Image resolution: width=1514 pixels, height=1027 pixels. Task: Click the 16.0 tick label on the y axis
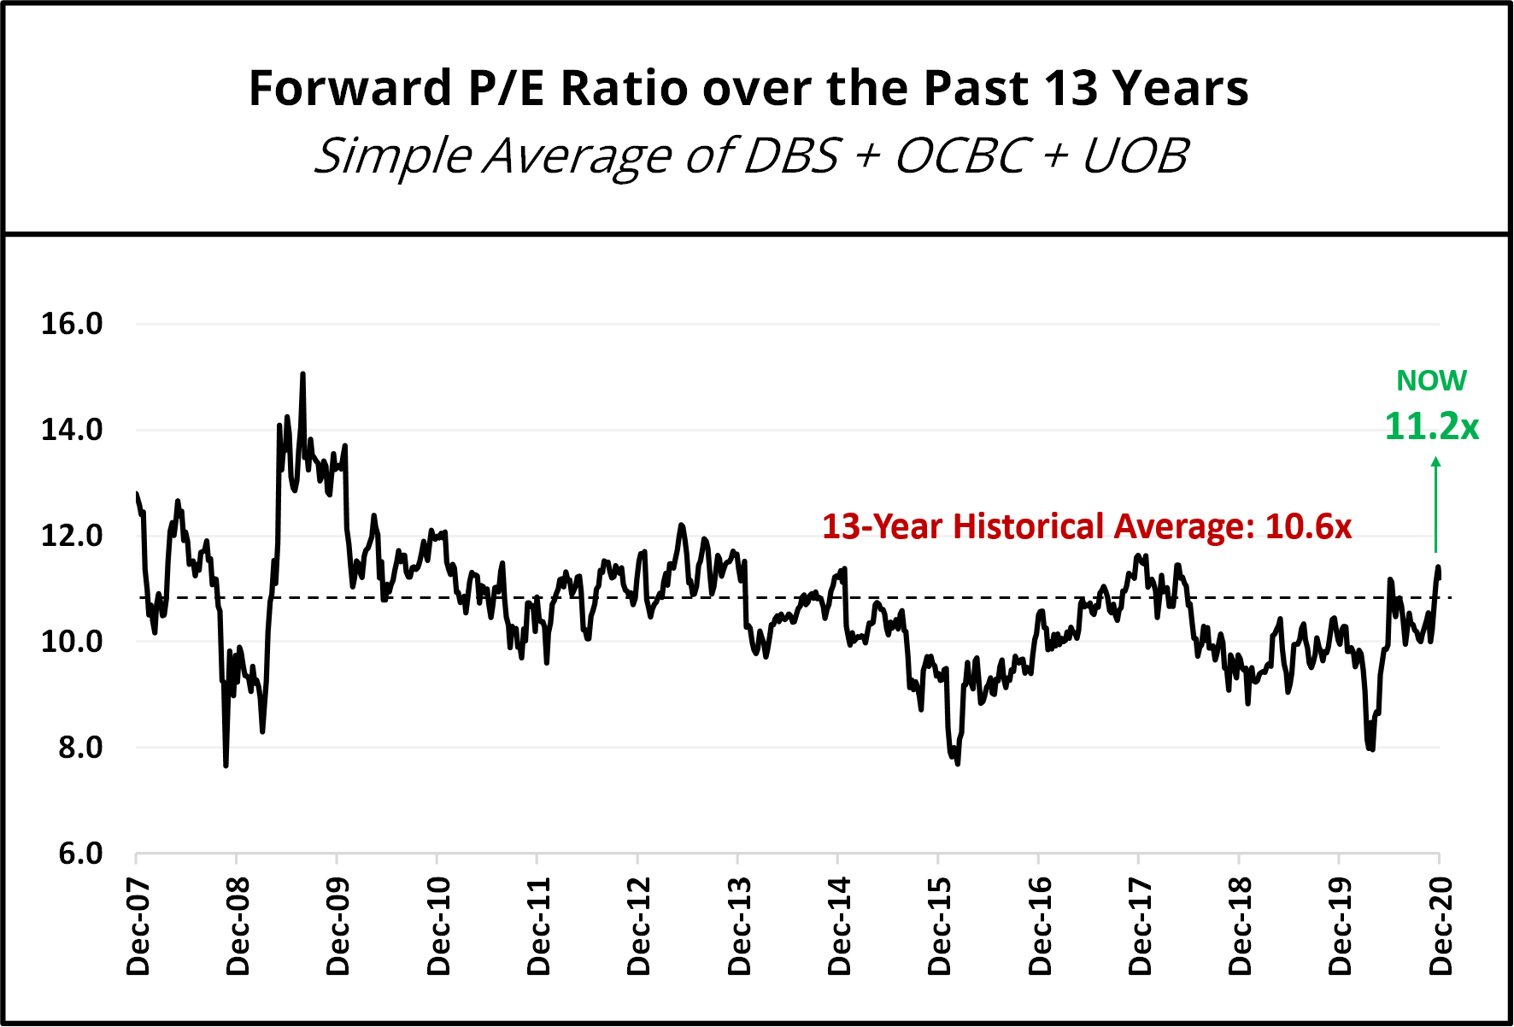pyautogui.click(x=72, y=324)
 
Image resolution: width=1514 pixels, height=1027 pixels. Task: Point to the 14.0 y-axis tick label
pyautogui.click(x=72, y=430)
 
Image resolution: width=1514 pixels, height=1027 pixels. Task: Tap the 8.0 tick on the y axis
pyautogui.click(x=80, y=748)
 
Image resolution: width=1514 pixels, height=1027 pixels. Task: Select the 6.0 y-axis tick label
pyautogui.click(x=80, y=854)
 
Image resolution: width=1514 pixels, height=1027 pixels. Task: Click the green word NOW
pyautogui.click(x=1431, y=380)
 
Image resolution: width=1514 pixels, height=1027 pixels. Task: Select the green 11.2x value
pyautogui.click(x=1431, y=426)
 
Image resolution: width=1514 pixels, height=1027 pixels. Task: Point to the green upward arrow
pyautogui.click(x=1436, y=504)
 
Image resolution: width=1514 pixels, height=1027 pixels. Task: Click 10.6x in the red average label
pyautogui.click(x=1308, y=526)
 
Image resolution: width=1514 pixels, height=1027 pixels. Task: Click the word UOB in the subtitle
pyautogui.click(x=1135, y=156)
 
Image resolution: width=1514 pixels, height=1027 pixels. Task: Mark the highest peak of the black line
pyautogui.click(x=302, y=374)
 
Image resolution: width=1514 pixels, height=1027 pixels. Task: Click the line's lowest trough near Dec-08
pyautogui.click(x=226, y=766)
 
